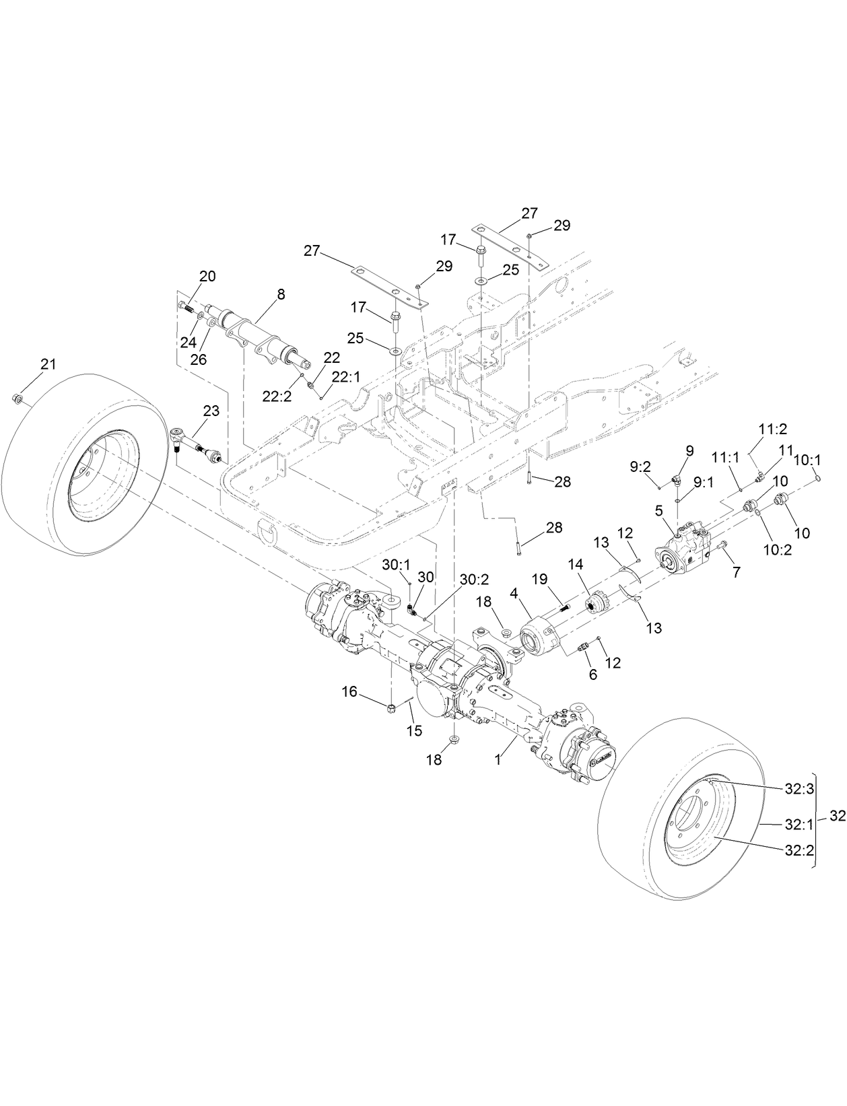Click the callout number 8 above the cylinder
(280, 294)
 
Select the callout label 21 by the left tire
(48, 364)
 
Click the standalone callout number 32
(836, 815)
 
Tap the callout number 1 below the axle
(498, 759)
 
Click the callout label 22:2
(277, 396)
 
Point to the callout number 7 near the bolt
(736, 572)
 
